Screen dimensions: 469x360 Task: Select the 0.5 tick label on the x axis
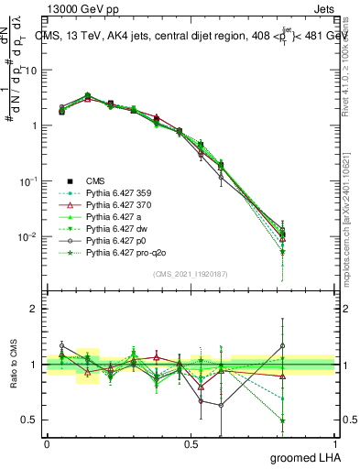[191, 443]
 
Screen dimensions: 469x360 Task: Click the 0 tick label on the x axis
[47, 443]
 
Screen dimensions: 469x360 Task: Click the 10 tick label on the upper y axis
[29, 70]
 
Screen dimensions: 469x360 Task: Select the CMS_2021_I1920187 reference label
[191, 273]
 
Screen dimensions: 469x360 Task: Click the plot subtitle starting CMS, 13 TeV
[190, 37]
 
